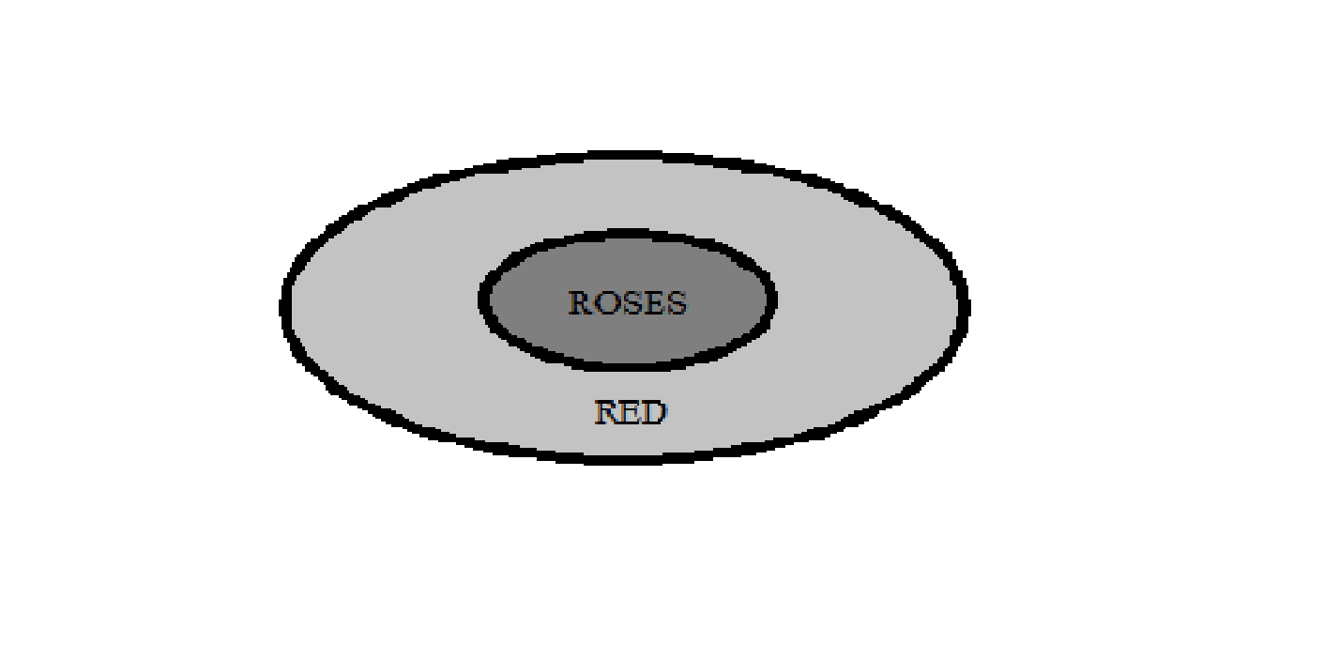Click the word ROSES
pos(628,303)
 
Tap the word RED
pos(631,412)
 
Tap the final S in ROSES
pos(675,303)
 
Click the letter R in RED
pos(607,412)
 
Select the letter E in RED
pos(631,412)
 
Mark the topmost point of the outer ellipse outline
pos(619,155)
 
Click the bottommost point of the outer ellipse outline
pos(619,458)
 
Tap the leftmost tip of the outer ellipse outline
pos(284,306)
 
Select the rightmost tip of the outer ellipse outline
pos(965,306)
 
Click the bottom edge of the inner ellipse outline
pos(627,364)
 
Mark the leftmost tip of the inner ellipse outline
pos(482,299)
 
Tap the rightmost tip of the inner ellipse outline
pos(772,299)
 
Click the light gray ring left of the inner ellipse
pos(385,305)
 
